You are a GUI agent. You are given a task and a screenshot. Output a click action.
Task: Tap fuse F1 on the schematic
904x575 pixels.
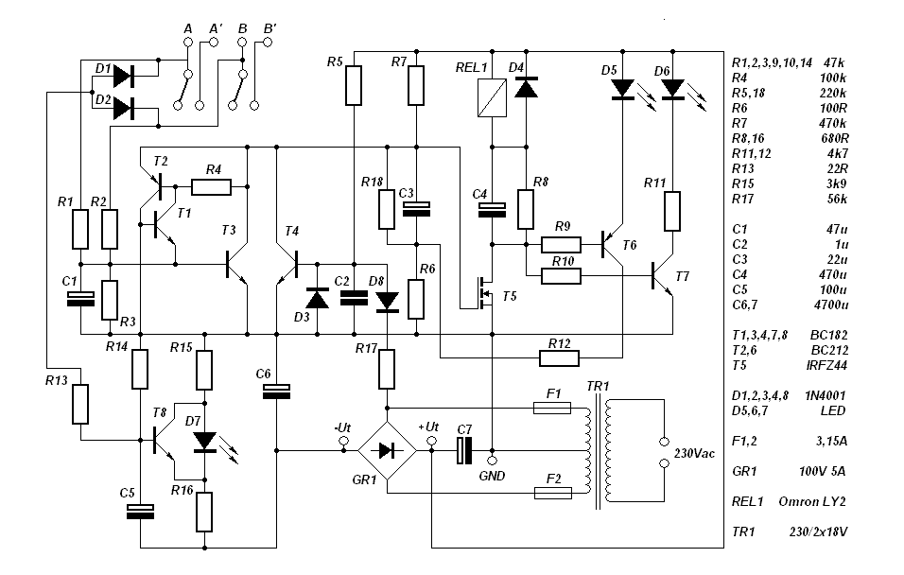point(551,408)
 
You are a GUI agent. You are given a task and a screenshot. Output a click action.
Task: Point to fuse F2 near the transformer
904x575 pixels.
point(551,493)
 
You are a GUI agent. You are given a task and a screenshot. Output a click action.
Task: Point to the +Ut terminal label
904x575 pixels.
point(427,427)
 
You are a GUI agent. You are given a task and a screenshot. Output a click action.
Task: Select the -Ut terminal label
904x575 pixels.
point(342,427)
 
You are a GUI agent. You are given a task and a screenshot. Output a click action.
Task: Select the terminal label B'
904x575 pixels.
point(269,31)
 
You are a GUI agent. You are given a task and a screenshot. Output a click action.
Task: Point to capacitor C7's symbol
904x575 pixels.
point(464,451)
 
